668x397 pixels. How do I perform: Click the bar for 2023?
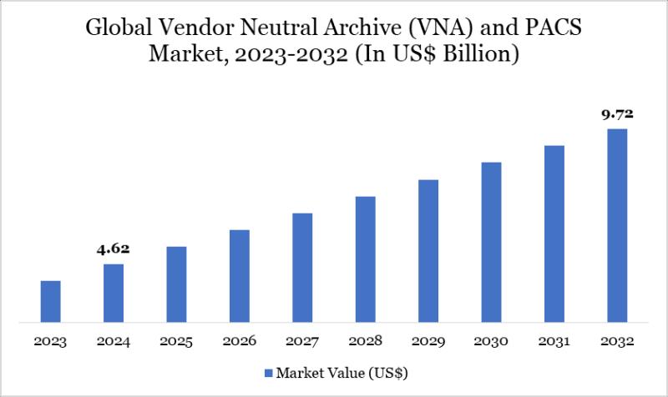pos(51,301)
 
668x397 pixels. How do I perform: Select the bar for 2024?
pos(114,293)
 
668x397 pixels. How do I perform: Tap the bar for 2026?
pos(240,275)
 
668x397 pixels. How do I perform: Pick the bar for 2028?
pos(366,259)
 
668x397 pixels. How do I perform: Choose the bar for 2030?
pos(491,242)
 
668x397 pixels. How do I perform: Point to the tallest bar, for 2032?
pos(617,225)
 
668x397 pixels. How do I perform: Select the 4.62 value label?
pos(114,248)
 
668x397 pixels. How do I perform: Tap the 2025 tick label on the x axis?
pos(177,342)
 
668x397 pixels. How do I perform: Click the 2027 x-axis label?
pos(302,342)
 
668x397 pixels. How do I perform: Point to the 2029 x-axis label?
pos(428,342)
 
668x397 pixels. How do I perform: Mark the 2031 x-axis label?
pos(554,342)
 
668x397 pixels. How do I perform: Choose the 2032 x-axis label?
pos(617,342)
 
